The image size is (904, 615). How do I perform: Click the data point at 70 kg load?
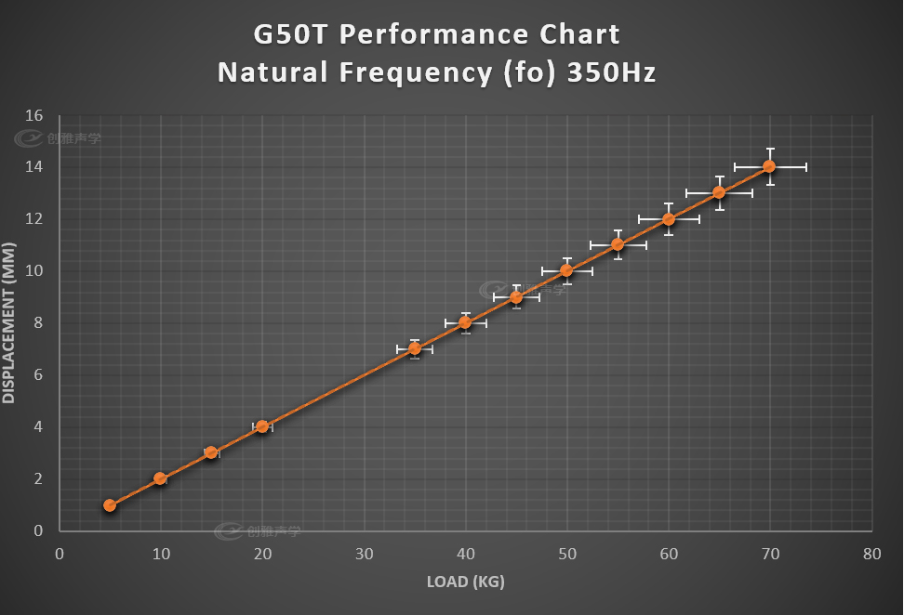[x=769, y=166]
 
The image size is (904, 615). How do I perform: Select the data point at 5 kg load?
[x=110, y=505]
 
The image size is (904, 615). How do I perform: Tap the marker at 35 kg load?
[x=415, y=348]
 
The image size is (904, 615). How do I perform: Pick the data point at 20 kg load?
[x=262, y=426]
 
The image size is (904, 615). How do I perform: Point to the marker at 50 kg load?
[x=566, y=270]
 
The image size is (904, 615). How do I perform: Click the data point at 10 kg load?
[x=160, y=478]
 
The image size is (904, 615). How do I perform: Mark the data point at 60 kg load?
[x=668, y=219]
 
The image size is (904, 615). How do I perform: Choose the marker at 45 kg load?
[x=516, y=297]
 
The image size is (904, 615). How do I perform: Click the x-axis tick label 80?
[x=871, y=554]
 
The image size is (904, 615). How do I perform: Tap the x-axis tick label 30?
[x=364, y=554]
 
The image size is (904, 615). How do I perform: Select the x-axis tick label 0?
[x=60, y=554]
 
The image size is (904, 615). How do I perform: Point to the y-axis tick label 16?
[x=34, y=115]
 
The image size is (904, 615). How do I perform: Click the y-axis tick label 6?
[x=38, y=375]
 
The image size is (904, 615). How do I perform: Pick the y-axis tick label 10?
[x=34, y=271]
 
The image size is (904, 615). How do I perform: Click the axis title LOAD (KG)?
[x=465, y=582]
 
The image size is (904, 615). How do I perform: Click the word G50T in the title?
[x=291, y=35]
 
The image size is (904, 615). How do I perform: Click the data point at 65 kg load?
[x=719, y=192]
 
